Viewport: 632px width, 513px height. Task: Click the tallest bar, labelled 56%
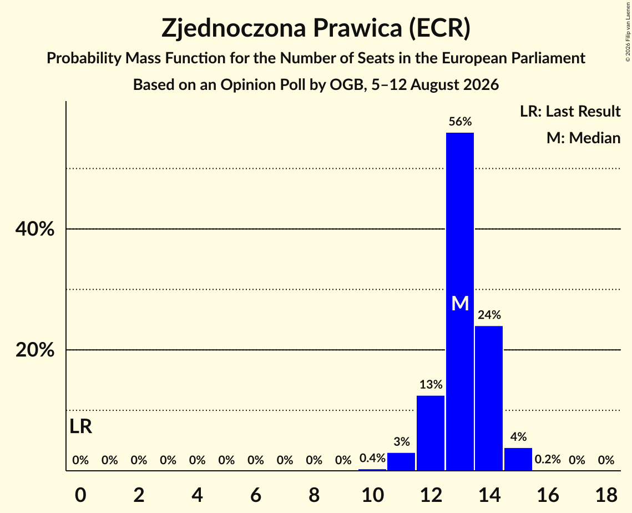coord(460,301)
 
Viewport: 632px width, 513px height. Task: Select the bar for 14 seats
coord(489,398)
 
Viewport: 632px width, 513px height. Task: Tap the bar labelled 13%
coord(431,433)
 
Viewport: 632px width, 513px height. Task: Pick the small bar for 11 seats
coord(401,462)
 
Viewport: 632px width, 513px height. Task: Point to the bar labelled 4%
coord(518,459)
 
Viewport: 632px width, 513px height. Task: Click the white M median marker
coord(460,303)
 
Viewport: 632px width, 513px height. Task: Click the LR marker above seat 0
coord(80,426)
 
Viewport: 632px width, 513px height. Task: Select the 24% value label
coord(489,315)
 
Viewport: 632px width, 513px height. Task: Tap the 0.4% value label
coord(372,457)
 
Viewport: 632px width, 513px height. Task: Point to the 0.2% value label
coord(548,459)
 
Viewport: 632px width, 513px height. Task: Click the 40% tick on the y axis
coord(34,229)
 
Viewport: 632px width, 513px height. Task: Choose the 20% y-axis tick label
coord(34,350)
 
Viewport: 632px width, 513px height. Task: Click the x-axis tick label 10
coord(372,495)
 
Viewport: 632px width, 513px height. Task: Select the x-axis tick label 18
coord(606,495)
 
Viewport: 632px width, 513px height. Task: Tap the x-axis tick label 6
coord(256,495)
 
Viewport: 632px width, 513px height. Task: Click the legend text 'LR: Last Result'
coord(570,111)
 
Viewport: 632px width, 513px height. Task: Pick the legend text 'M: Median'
coord(583,138)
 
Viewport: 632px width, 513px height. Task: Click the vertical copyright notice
coord(628,32)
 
